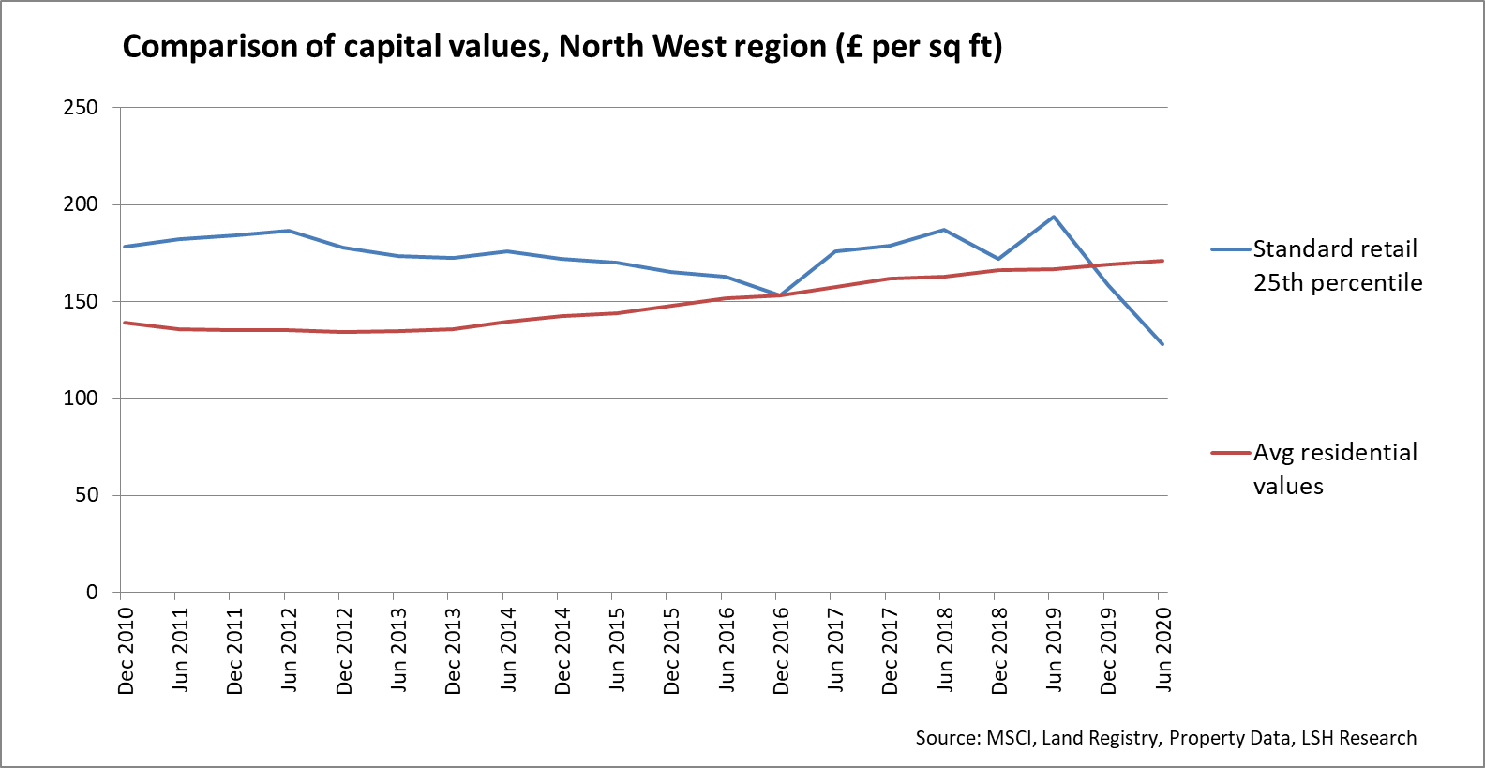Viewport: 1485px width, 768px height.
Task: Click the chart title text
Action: click(x=562, y=46)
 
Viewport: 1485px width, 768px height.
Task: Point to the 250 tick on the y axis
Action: click(x=81, y=107)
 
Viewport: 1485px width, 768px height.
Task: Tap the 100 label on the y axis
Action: click(x=81, y=398)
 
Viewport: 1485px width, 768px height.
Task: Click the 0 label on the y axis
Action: click(x=92, y=592)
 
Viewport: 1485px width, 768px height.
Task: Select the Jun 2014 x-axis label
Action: click(x=507, y=649)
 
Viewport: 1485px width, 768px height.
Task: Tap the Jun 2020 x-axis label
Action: click(x=1162, y=649)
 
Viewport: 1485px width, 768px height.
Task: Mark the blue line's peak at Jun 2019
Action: click(x=1054, y=217)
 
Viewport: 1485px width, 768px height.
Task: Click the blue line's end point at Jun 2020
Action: click(x=1162, y=344)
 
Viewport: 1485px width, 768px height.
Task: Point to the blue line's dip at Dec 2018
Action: click(x=999, y=259)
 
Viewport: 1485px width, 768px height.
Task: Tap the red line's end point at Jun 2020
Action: click(x=1162, y=261)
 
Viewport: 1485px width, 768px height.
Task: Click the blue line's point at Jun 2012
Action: click(x=289, y=231)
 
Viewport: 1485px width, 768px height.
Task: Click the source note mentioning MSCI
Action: click(x=1165, y=738)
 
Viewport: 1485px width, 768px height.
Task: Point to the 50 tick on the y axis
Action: click(x=86, y=495)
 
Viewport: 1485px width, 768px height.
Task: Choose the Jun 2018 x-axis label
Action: click(x=945, y=649)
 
